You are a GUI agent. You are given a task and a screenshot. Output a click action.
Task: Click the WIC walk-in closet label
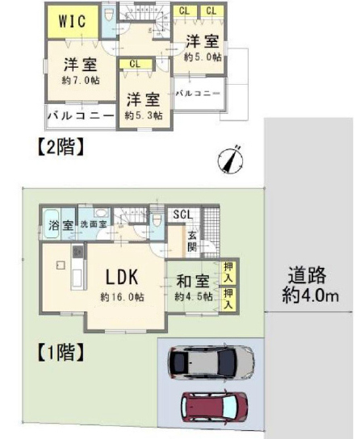(x=72, y=21)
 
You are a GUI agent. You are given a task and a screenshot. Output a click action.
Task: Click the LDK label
(x=122, y=277)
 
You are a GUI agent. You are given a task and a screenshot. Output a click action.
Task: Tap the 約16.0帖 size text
(x=123, y=297)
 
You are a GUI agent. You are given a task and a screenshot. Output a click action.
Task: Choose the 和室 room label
(x=193, y=282)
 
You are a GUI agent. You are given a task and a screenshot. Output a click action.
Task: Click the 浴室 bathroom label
(x=61, y=225)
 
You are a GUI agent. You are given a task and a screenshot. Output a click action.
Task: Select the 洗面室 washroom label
(x=94, y=224)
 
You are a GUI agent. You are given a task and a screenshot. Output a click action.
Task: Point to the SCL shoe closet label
(x=183, y=215)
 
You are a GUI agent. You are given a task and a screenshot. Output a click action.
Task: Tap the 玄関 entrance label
(x=192, y=241)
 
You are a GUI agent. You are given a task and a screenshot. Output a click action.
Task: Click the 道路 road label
(x=308, y=275)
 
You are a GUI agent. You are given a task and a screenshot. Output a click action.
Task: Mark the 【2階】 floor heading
(x=61, y=147)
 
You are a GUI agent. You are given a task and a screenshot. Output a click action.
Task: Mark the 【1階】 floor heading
(x=61, y=353)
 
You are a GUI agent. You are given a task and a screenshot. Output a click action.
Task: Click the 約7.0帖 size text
(x=81, y=81)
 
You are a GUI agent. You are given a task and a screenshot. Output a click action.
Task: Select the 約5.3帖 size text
(x=144, y=115)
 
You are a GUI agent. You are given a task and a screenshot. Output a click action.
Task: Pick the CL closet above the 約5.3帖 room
(x=136, y=64)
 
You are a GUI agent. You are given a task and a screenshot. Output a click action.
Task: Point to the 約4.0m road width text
(x=310, y=295)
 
